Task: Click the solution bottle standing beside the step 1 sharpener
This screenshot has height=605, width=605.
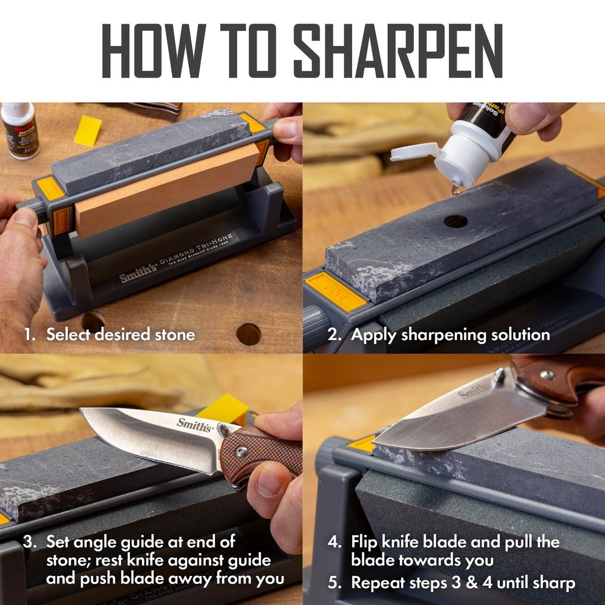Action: (x=19, y=130)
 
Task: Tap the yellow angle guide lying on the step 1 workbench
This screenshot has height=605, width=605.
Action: (x=88, y=131)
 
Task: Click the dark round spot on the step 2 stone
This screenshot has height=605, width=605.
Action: (x=456, y=221)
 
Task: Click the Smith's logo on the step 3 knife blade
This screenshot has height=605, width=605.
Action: (x=195, y=425)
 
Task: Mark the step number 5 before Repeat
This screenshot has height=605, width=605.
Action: (x=334, y=583)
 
